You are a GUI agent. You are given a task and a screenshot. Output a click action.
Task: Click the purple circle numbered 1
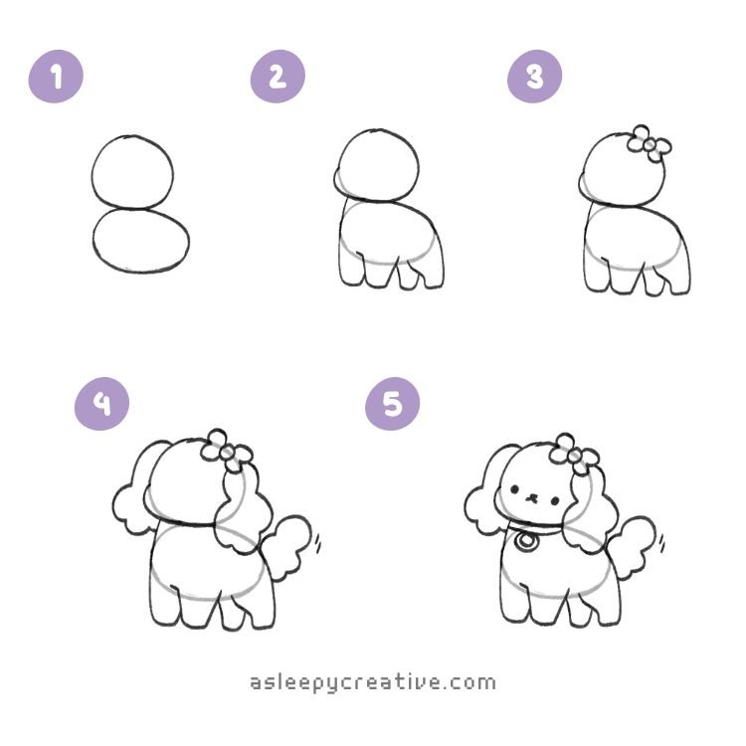[x=56, y=77]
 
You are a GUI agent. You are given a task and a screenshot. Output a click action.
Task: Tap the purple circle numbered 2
[x=278, y=77]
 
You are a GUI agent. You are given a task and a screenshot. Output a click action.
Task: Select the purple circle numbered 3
[x=535, y=77]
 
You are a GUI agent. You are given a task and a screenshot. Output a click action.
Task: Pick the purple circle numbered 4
[x=101, y=404]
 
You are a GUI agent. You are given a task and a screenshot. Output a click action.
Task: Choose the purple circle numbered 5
[x=393, y=404]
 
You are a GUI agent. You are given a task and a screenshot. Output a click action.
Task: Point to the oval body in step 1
[x=93, y=241]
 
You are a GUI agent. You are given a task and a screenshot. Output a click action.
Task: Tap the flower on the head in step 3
[x=649, y=142]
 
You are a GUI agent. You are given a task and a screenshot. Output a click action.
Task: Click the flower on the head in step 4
[x=227, y=450]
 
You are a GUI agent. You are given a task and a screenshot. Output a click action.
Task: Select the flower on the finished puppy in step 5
[x=574, y=455]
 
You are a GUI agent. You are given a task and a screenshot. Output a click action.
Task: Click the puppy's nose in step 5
[x=532, y=498]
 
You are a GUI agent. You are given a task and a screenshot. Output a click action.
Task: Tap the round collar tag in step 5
[x=525, y=541]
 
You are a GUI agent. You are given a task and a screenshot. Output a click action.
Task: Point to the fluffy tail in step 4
[x=286, y=545]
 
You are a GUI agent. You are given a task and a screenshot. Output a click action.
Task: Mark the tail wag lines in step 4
[x=317, y=543]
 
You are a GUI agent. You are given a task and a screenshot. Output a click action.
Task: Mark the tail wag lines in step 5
[x=661, y=543]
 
